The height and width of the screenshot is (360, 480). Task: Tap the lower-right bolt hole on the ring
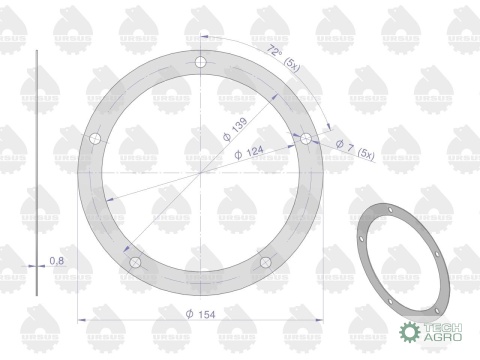pyautogui.click(x=267, y=262)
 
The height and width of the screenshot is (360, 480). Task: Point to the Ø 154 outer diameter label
pyautogui.click(x=203, y=312)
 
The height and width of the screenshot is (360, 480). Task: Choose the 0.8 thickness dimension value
pyautogui.click(x=57, y=262)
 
